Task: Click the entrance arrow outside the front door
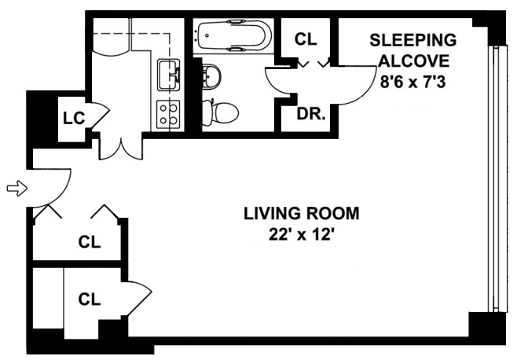pyautogui.click(x=16, y=188)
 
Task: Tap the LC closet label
pyautogui.click(x=74, y=118)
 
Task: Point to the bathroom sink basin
pyautogui.click(x=211, y=76)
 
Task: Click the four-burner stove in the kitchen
pyautogui.click(x=168, y=115)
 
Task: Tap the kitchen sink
pyautogui.click(x=169, y=75)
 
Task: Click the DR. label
pyautogui.click(x=311, y=114)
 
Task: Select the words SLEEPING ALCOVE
pyautogui.click(x=413, y=50)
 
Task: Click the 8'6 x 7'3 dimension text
pyautogui.click(x=412, y=82)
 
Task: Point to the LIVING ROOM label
pyautogui.click(x=302, y=214)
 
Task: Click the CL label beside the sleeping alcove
pyautogui.click(x=306, y=39)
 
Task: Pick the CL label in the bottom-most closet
pyautogui.click(x=90, y=299)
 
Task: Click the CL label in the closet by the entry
pyautogui.click(x=90, y=242)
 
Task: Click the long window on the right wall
pyautogui.click(x=497, y=179)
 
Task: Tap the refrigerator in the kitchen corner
pyautogui.click(x=110, y=36)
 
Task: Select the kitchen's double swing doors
pyautogui.click(x=121, y=149)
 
